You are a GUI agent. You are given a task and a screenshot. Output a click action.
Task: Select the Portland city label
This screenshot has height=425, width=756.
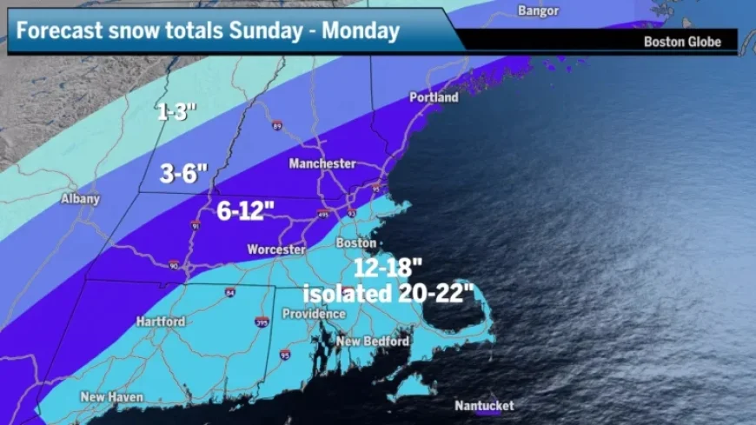434,98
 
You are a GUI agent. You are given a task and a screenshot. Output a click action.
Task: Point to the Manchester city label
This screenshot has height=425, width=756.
323,163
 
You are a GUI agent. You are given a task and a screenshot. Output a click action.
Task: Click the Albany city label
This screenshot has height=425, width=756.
80,199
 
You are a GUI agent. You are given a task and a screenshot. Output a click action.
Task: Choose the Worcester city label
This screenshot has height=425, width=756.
276,249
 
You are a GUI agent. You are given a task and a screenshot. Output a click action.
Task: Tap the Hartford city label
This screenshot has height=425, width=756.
161,322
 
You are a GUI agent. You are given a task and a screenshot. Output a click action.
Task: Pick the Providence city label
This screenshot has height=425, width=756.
315,314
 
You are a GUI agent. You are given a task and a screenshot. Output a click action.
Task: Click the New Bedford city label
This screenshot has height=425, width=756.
373,342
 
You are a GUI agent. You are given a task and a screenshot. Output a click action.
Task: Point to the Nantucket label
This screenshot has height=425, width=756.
484,406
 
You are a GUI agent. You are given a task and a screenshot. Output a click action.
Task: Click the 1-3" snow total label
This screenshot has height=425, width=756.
177,112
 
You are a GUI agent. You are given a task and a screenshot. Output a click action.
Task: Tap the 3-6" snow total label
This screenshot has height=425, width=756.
183,174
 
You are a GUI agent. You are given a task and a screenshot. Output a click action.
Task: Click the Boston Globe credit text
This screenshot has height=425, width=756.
682,41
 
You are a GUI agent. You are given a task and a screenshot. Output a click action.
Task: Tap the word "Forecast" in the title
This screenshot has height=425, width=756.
56,31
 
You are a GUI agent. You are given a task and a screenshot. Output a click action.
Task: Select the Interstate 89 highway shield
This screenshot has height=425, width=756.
276,125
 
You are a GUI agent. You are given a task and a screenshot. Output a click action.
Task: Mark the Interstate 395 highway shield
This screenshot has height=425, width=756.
262,322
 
